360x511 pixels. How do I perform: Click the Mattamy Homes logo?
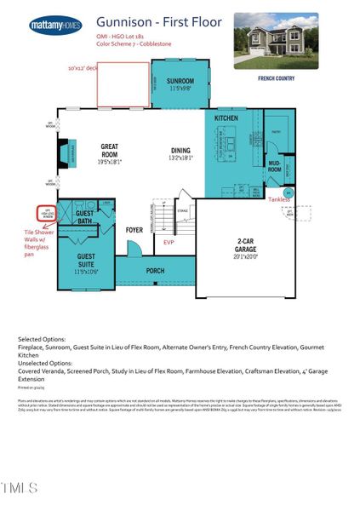(56, 26)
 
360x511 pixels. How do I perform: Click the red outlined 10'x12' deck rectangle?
(123, 83)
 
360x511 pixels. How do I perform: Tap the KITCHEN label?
(226, 118)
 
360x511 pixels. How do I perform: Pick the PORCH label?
(155, 272)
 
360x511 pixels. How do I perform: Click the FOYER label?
(134, 230)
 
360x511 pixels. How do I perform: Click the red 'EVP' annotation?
(169, 242)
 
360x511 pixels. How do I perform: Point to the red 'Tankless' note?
(278, 199)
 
